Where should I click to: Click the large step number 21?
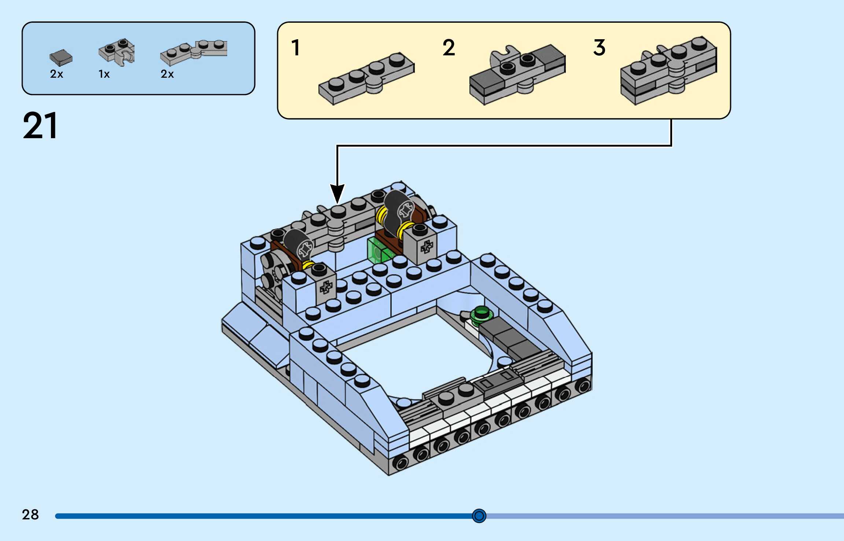click(x=40, y=126)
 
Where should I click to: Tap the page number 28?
click(x=30, y=515)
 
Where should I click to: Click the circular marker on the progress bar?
click(x=479, y=516)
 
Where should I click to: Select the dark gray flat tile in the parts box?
click(x=61, y=57)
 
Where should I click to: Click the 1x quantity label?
click(x=104, y=74)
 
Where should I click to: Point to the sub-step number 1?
click(x=295, y=48)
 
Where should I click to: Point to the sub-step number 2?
click(x=449, y=48)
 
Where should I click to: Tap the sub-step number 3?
click(x=599, y=48)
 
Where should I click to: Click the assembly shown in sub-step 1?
click(x=366, y=78)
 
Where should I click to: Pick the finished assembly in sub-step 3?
click(x=668, y=70)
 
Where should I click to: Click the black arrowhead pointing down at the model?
click(x=337, y=193)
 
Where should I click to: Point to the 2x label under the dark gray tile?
click(x=56, y=74)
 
